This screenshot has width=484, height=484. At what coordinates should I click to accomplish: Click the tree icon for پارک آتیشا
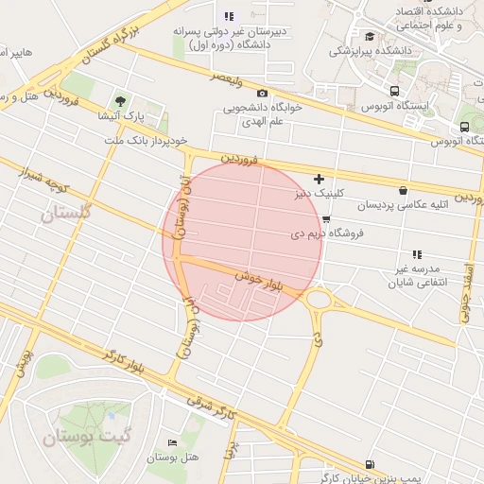click(120, 100)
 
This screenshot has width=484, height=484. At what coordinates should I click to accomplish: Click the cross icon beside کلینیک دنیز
click(320, 178)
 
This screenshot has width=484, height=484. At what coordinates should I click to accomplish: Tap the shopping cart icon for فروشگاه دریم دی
click(326, 219)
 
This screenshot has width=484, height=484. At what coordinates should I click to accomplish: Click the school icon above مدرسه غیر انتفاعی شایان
click(418, 254)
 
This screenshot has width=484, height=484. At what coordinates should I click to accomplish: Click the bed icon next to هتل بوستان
click(171, 442)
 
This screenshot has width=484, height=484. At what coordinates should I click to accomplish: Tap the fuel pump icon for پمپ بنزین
click(368, 464)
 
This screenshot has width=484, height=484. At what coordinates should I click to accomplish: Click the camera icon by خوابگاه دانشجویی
click(262, 93)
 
